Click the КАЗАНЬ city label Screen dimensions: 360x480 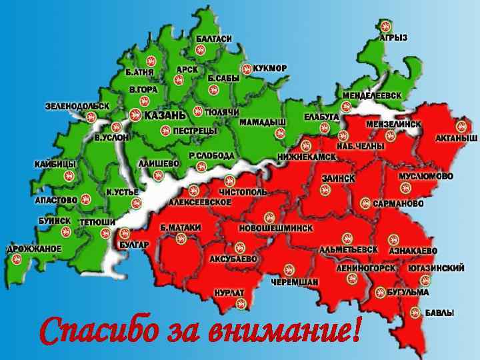pyautogui.click(x=164, y=115)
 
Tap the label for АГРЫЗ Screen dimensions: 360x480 pyautogui.click(x=393, y=37)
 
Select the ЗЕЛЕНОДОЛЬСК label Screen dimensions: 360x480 pyautogui.click(x=77, y=105)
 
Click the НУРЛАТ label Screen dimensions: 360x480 pyautogui.click(x=229, y=293)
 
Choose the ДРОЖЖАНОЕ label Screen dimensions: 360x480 pyautogui.click(x=34, y=249)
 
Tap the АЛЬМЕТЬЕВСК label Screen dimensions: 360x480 pyautogui.click(x=348, y=249)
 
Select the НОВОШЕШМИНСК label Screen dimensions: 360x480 pyautogui.click(x=274, y=228)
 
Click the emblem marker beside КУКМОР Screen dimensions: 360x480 pyautogui.click(x=247, y=68)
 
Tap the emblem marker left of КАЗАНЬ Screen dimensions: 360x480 pyautogui.click(x=135, y=115)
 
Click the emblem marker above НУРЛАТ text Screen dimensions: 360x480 pyautogui.click(x=241, y=303)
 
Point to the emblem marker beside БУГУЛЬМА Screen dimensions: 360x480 pyautogui.click(x=379, y=292)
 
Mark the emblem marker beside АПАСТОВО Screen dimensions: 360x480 pyautogui.click(x=85, y=199)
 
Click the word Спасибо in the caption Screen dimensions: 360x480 pyautogui.click(x=100, y=331)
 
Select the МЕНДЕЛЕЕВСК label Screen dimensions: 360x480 pyautogui.click(x=372, y=95)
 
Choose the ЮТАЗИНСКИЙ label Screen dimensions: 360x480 pyautogui.click(x=436, y=268)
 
